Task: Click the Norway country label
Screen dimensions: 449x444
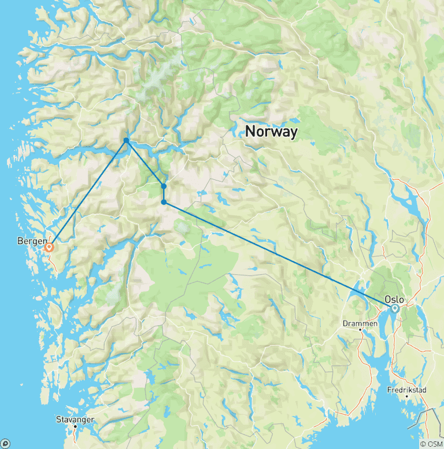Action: tap(271, 131)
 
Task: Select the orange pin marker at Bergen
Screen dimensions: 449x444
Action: tap(49, 247)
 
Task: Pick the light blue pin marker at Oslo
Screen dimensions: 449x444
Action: tap(395, 308)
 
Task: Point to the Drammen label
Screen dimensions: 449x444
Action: tap(360, 323)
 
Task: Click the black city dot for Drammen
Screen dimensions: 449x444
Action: tap(360, 330)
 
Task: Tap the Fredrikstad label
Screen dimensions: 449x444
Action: tap(406, 390)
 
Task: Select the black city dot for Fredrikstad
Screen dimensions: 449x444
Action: tap(406, 396)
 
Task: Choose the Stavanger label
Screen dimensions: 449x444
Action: tap(75, 419)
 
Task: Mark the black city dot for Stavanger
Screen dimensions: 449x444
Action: tap(75, 426)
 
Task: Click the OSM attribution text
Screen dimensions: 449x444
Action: tap(431, 444)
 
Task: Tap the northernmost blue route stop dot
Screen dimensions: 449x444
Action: tap(126, 141)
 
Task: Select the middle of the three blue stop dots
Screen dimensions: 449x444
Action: tap(164, 186)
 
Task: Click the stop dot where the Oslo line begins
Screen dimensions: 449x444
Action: tap(164, 202)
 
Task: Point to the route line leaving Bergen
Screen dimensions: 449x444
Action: tap(87, 194)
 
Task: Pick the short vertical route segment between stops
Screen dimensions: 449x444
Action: tap(164, 194)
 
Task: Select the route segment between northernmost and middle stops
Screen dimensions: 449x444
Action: tap(145, 163)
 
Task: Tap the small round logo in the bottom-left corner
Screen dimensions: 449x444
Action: tap(6, 443)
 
